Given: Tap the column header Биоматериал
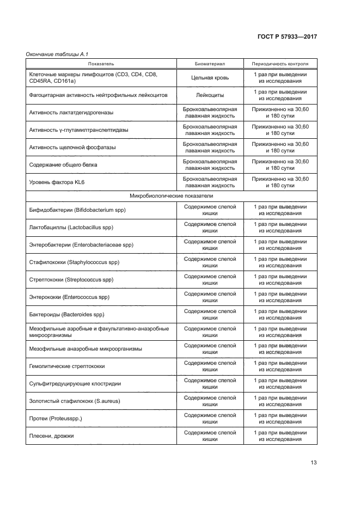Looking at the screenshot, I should pyautogui.click(x=210, y=64).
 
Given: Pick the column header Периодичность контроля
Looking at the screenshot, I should pyautogui.click(x=280, y=64).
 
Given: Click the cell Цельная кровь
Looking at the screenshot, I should pyautogui.click(x=210, y=78).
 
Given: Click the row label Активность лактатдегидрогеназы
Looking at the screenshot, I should pyautogui.click(x=75, y=113).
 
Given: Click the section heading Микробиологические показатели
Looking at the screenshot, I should pyautogui.click(x=171, y=195).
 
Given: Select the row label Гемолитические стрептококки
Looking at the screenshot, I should pyautogui.click(x=67, y=366).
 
